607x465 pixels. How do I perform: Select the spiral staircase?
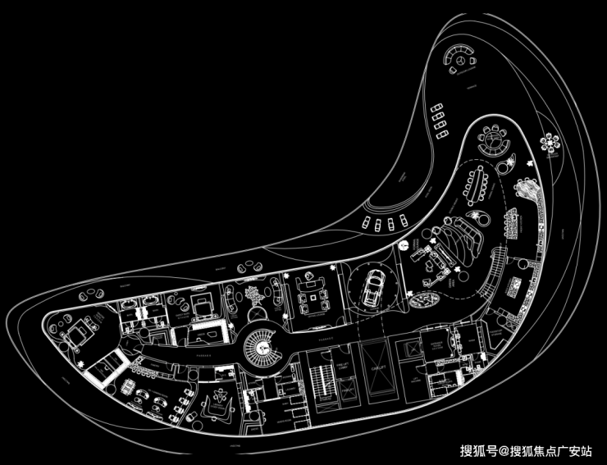click(x=264, y=347)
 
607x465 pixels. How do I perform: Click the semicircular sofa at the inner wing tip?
click(x=495, y=139)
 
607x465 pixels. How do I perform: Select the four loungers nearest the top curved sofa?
click(x=440, y=119)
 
